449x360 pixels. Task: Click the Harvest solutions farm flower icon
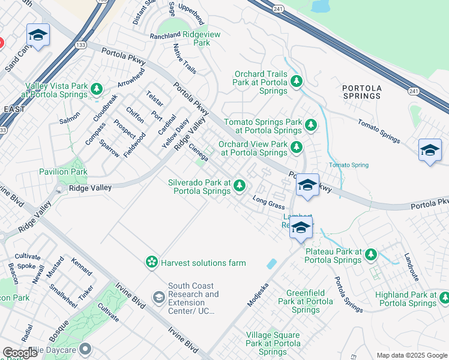point(152,262)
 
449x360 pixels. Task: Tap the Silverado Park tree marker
point(240,186)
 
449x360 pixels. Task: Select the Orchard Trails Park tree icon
point(296,81)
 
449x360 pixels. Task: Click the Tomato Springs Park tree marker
point(310,125)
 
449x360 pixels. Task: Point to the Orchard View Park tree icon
point(296,147)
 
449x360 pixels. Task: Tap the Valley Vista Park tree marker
point(97,90)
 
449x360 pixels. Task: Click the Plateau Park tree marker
point(370,255)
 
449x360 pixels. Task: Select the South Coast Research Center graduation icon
point(158,297)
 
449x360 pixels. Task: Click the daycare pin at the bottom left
point(85,349)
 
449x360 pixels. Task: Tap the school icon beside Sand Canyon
point(38,35)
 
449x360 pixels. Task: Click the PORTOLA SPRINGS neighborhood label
point(361,92)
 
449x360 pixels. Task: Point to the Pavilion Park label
point(63,172)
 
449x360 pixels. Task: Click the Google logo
point(20,353)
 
